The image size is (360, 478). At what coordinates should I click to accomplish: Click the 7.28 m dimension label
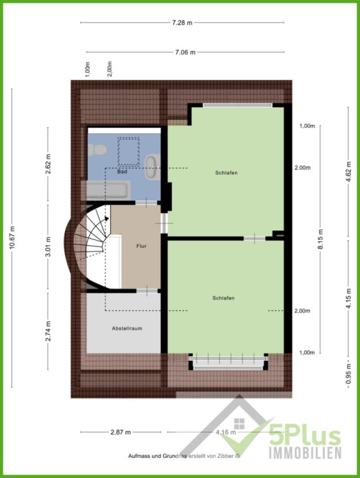182,22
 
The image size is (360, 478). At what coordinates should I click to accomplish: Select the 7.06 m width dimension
185,52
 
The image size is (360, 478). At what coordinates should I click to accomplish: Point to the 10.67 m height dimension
12,238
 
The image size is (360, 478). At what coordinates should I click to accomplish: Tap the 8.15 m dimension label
320,238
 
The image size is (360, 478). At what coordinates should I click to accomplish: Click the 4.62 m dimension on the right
348,171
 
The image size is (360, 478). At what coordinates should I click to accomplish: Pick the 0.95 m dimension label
348,374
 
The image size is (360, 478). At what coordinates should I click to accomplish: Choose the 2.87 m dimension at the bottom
121,432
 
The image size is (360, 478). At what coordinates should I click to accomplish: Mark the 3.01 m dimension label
48,246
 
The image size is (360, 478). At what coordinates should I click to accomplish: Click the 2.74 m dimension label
48,331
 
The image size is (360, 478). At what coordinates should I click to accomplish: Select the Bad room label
122,172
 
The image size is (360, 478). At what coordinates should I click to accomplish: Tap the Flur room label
141,246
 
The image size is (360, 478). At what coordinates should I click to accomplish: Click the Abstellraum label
127,329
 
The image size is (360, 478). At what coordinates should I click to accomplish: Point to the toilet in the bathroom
97,150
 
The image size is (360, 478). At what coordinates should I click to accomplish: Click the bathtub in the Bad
107,190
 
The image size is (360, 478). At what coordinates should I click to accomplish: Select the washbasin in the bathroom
152,167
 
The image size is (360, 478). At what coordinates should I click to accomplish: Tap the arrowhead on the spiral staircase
107,218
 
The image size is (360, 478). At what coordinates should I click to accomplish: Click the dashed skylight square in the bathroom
128,150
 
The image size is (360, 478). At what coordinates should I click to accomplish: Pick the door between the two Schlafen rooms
255,238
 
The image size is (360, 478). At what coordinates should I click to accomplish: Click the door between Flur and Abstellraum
147,291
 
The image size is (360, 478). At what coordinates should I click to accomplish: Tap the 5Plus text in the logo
305,437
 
